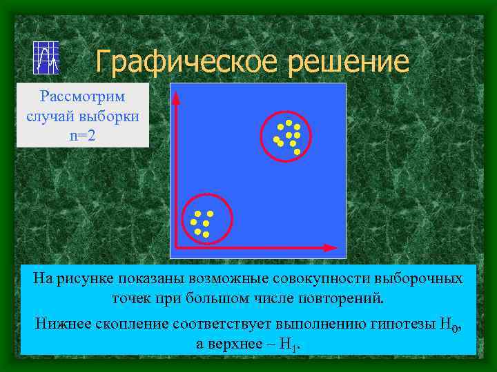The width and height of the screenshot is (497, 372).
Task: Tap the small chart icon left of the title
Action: coord(46,57)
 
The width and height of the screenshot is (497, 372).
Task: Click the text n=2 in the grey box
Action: coord(83,135)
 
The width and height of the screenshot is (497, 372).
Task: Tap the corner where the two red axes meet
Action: coord(177,247)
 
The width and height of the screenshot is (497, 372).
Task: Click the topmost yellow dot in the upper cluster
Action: coord(289,123)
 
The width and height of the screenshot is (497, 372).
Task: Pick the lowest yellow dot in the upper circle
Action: coord(297,152)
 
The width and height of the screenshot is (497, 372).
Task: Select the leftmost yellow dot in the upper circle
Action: coord(276,140)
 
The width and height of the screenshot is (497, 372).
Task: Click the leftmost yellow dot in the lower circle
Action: coord(194,223)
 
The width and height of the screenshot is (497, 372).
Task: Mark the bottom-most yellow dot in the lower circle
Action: coord(206,235)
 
